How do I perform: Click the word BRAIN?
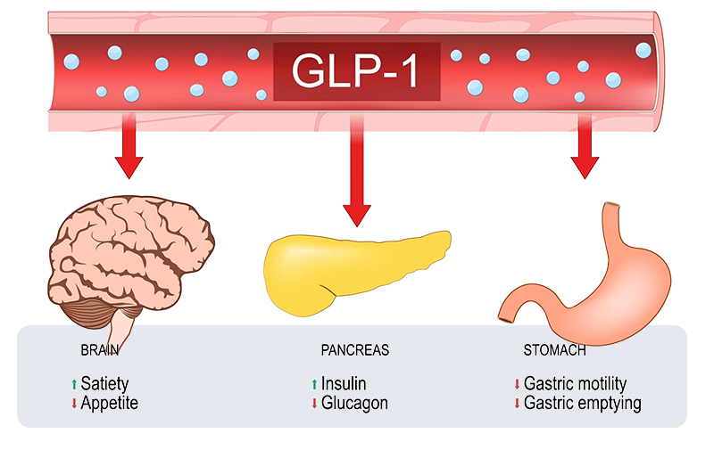point(99,350)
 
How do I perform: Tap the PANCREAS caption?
point(355,350)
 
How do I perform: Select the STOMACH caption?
point(554,350)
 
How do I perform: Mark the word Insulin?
point(344,384)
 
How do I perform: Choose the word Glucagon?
point(354,403)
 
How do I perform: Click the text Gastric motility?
point(576,384)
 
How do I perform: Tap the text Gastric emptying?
point(583,403)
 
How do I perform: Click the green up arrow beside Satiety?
point(74,384)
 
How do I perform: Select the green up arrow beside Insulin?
point(313,384)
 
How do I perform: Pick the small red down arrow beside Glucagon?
point(313,404)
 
